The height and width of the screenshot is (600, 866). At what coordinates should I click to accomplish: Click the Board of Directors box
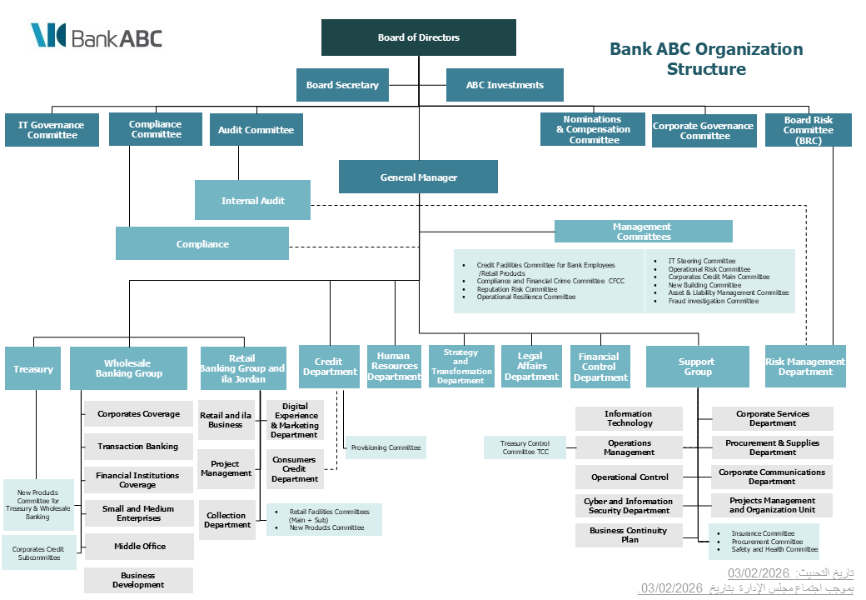tap(419, 37)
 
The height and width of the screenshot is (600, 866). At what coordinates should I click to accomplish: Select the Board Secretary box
tap(342, 85)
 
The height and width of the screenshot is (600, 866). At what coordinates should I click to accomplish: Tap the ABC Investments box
tap(505, 85)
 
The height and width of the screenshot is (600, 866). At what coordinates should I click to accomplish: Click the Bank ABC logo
tap(97, 37)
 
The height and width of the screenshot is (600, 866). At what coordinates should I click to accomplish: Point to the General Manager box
tap(418, 177)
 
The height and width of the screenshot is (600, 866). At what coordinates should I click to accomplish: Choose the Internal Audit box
tap(252, 201)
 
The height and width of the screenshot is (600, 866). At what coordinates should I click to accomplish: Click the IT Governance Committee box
tap(52, 130)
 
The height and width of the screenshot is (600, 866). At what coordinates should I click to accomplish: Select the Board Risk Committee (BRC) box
tap(808, 131)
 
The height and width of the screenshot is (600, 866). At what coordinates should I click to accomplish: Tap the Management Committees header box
tap(643, 232)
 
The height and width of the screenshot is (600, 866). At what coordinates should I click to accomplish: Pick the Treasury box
tap(33, 369)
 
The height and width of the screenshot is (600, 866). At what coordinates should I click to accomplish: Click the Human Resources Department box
tap(395, 367)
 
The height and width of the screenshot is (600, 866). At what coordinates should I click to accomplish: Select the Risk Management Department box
tap(805, 367)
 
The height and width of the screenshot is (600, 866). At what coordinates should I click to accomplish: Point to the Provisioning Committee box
tap(386, 447)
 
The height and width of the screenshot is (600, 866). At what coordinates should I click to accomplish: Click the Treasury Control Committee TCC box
tap(525, 447)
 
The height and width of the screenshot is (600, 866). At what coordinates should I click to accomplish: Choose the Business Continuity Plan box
tap(629, 535)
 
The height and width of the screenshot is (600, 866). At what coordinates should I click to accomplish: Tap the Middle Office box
tap(139, 547)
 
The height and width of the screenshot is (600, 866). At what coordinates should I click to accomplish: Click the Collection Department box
tap(227, 520)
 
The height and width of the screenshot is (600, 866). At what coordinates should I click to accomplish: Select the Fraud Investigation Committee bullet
tap(714, 301)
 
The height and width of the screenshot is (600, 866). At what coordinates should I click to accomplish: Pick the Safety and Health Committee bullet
tap(774, 549)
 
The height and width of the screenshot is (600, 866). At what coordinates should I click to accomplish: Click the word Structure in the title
tap(706, 69)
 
